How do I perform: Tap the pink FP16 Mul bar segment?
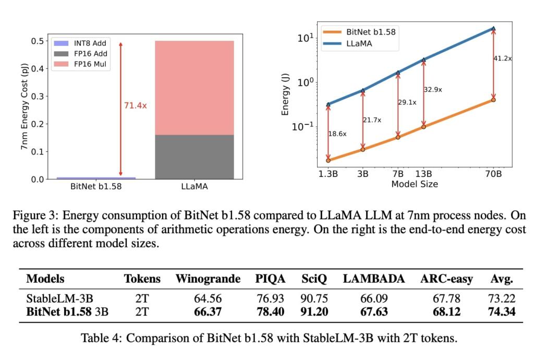coord(195,88)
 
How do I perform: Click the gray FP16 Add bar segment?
coord(195,157)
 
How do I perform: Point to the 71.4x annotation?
coord(136,105)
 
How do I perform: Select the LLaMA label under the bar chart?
coord(195,186)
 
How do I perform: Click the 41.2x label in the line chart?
coord(503,58)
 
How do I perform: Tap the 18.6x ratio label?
coord(337,134)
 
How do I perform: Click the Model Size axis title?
coord(415,184)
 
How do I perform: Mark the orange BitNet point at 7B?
coord(398,137)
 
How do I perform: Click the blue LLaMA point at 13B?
coord(423,60)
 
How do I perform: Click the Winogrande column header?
coord(208,279)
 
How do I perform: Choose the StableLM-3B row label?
coord(60,299)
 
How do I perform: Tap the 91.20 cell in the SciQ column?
coord(314,311)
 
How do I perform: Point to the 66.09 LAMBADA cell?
coord(373,299)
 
